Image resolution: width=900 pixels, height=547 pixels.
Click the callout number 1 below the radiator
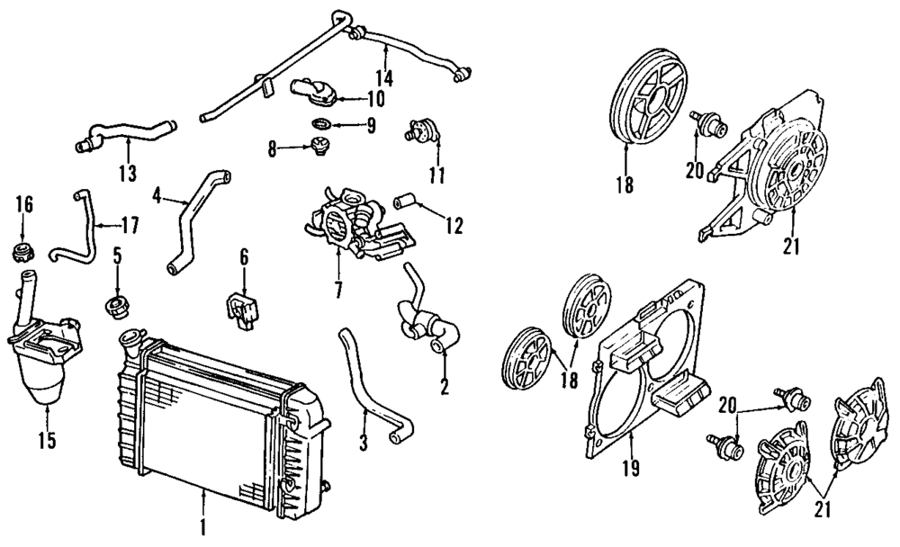pos(204,525)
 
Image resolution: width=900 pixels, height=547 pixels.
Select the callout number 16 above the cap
pos(24,204)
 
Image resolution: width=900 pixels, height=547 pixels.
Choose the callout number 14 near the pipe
pos(384,76)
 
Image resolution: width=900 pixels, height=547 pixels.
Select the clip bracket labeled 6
pos(240,307)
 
